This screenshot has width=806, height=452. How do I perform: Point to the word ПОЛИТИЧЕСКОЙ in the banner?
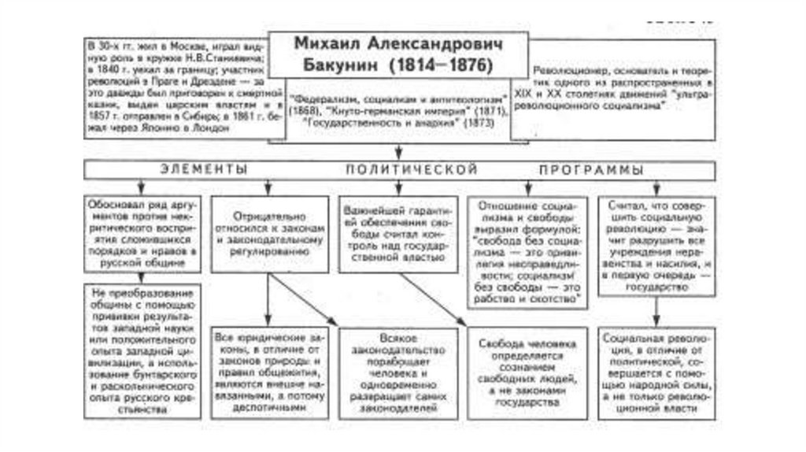pos(411,170)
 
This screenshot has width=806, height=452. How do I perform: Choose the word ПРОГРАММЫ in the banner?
pos(591,170)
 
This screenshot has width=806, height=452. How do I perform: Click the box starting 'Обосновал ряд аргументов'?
pos(142,229)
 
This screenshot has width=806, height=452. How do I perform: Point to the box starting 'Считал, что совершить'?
pos(658,244)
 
